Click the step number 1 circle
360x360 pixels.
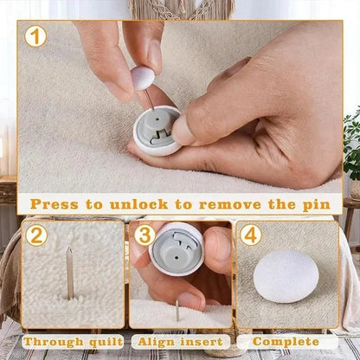point(35,36)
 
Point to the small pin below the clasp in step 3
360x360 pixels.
point(178,308)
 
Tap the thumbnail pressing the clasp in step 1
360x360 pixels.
point(183,129)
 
